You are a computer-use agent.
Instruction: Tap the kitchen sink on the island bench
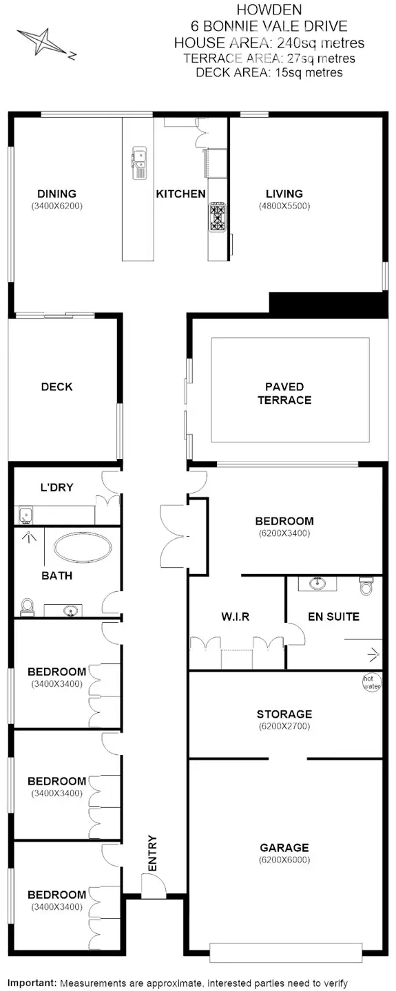[139, 160]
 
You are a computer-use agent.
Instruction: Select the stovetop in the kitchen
[218, 217]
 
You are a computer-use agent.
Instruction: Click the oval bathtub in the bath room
[83, 549]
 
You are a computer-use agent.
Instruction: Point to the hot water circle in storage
[372, 683]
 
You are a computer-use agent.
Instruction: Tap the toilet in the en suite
[366, 586]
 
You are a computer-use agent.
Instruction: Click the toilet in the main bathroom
[28, 606]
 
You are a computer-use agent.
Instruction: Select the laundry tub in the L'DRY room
[25, 513]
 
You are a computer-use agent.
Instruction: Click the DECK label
[56, 387]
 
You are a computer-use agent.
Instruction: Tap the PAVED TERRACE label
[284, 393]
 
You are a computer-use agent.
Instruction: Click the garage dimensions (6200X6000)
[284, 860]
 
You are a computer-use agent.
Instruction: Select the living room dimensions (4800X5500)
[284, 206]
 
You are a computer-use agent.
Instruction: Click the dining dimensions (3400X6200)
[56, 206]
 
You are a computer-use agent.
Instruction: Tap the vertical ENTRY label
[152, 853]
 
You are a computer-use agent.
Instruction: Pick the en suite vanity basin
[317, 584]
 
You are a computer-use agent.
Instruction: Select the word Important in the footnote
[31, 983]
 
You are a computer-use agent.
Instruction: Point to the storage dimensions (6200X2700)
[284, 726]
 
